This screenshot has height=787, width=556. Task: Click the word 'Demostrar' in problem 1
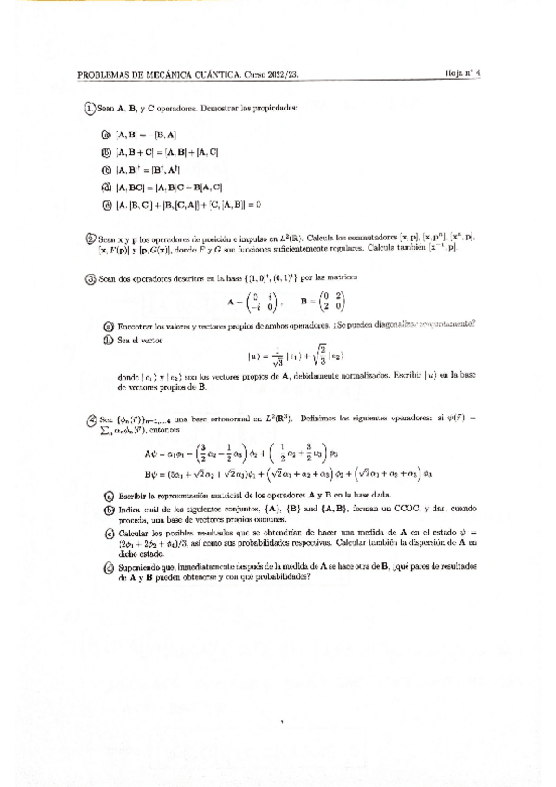pyautogui.click(x=199, y=109)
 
